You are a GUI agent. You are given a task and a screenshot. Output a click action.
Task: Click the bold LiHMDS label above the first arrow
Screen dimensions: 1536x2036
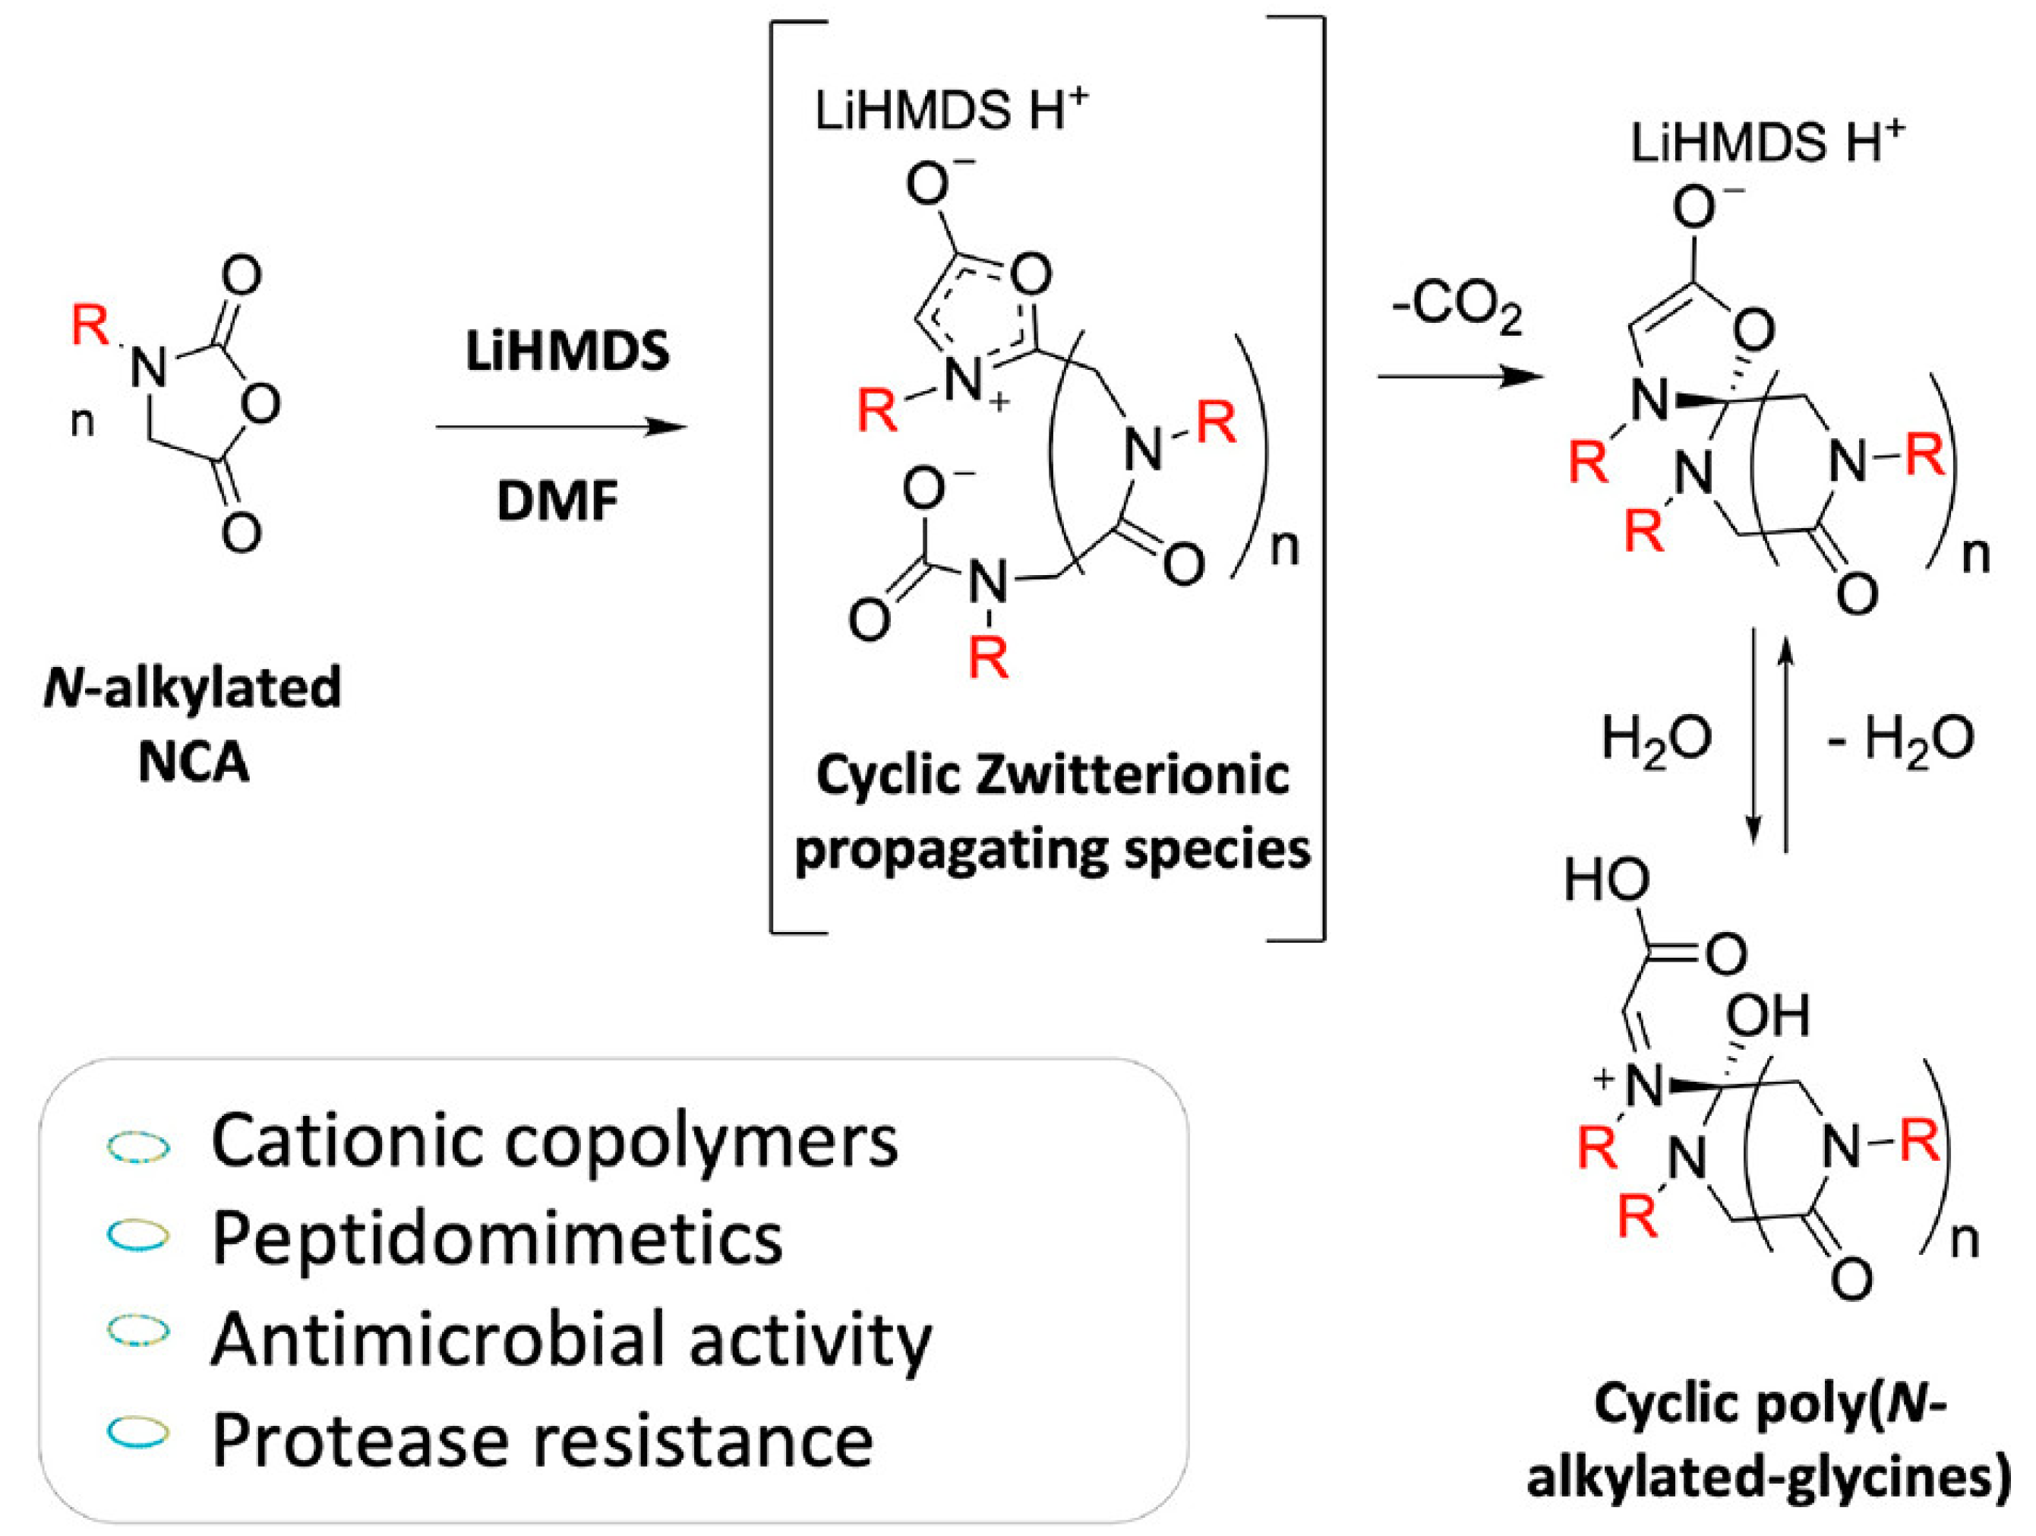[567, 352]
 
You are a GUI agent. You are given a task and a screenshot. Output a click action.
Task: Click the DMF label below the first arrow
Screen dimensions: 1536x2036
[557, 502]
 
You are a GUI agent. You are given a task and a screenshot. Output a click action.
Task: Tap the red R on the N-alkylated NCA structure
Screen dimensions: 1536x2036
[90, 325]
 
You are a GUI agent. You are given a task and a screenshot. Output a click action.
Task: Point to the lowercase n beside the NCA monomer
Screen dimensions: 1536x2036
[83, 422]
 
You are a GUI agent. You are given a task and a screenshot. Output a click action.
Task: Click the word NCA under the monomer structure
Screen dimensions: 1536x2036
[194, 763]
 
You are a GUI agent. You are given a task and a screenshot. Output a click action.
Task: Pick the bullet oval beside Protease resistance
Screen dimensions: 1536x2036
[138, 1432]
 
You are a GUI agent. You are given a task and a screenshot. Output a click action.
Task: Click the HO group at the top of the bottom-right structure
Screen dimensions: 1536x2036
[1606, 880]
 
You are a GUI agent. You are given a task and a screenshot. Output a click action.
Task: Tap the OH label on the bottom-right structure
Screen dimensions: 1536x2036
[1767, 1016]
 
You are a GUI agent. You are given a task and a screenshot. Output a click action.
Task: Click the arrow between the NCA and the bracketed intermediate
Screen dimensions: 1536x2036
[561, 427]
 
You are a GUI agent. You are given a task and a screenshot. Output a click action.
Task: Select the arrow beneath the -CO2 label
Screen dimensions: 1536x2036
[1459, 376]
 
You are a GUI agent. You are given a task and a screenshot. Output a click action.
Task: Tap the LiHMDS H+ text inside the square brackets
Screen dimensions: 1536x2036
[951, 112]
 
